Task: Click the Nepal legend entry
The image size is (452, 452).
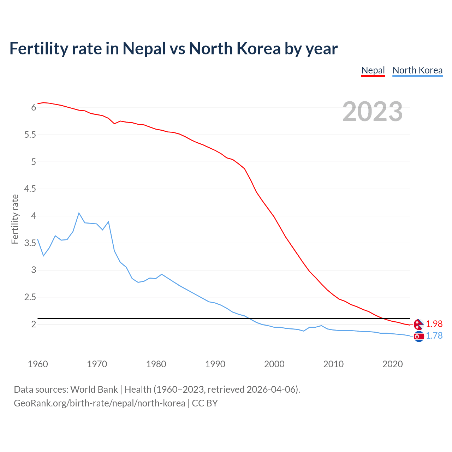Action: [373, 70]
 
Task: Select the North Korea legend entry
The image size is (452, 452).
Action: [417, 70]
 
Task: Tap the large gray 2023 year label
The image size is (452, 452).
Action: [373, 112]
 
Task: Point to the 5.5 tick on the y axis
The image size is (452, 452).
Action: [30, 135]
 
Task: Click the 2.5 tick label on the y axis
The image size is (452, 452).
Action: [30, 297]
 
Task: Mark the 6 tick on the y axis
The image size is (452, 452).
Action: [34, 108]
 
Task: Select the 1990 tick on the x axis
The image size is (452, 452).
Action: [215, 364]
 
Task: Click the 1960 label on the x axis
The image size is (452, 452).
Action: [38, 364]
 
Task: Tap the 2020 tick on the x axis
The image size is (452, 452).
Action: [392, 364]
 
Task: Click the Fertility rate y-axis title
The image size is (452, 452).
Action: [15, 219]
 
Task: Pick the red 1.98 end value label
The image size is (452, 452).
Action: [434, 324]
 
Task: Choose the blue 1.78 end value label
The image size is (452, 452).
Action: [434, 335]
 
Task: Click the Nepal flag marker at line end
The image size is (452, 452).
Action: [418, 324]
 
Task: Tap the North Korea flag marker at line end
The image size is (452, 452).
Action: [419, 337]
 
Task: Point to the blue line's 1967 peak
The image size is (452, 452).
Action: [79, 213]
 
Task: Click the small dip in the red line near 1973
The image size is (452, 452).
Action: [114, 124]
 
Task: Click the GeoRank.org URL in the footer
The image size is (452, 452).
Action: [99, 403]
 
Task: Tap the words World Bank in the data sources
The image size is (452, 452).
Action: [94, 389]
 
